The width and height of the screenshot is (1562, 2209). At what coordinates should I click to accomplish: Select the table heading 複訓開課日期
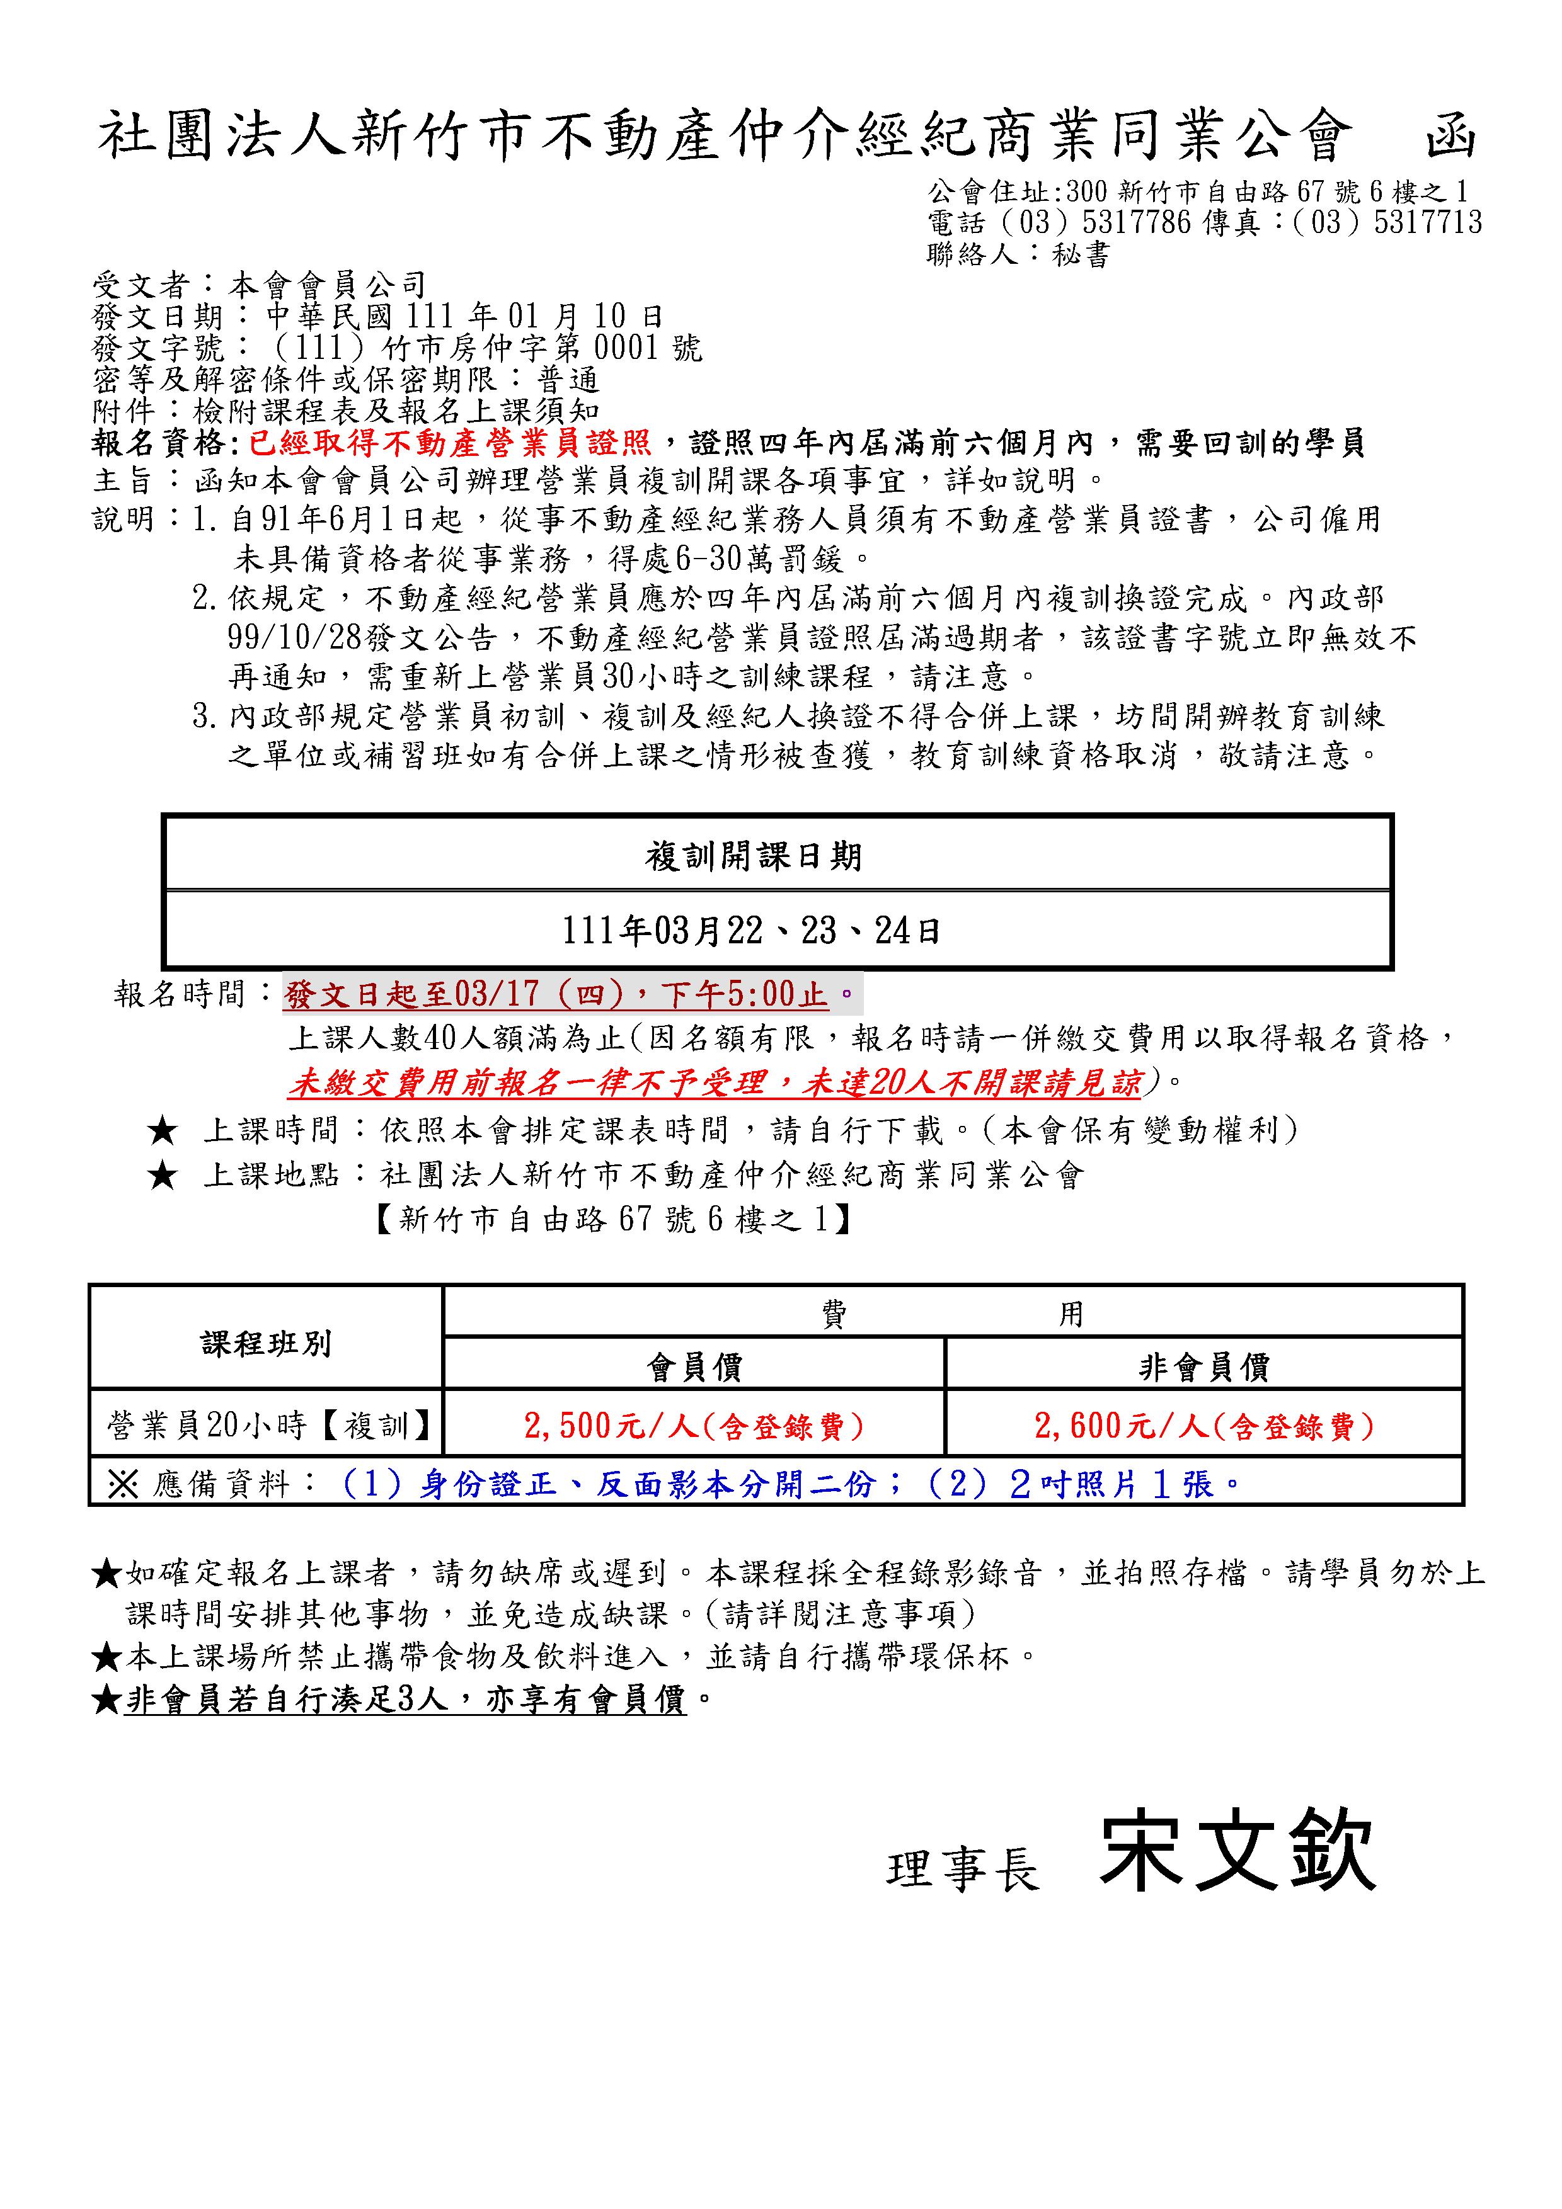754,855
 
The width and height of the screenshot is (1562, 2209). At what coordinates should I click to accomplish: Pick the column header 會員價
694,1366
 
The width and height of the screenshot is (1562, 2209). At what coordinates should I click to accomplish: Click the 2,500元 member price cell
694,1425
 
